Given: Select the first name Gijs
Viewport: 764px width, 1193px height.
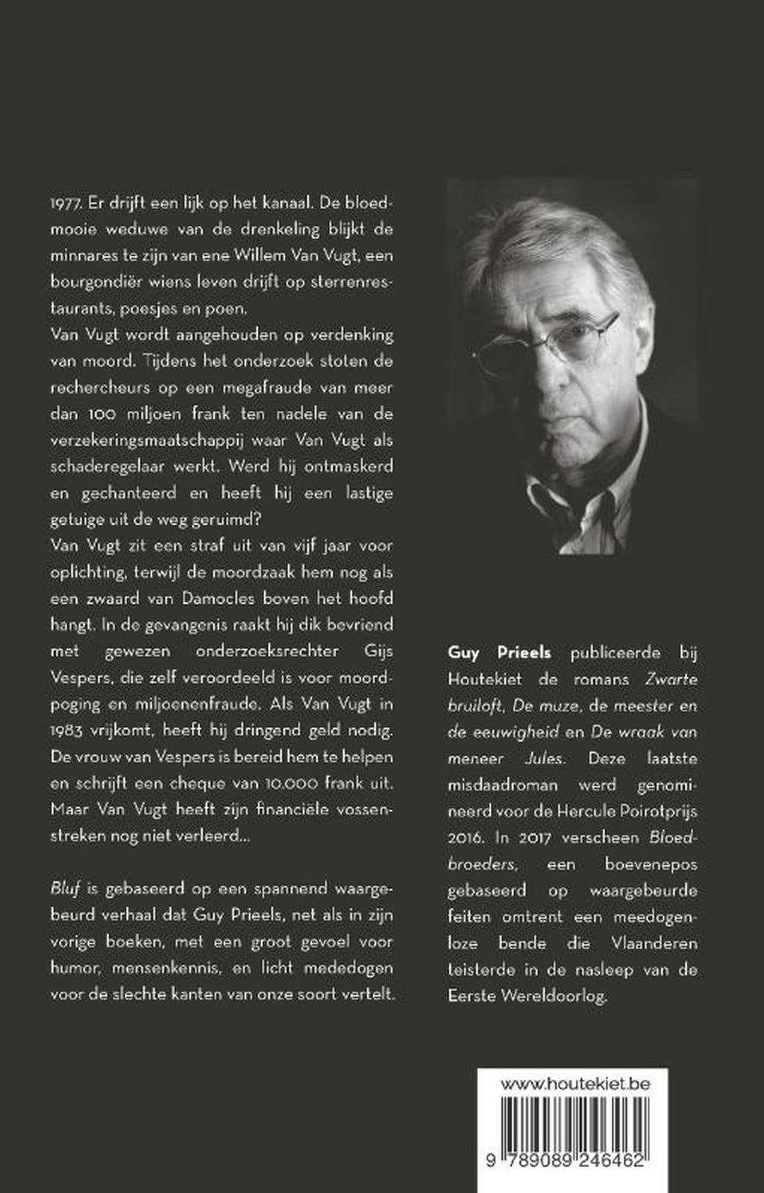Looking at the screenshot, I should click(371, 650).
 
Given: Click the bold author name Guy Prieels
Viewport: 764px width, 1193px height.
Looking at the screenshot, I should click(499, 652).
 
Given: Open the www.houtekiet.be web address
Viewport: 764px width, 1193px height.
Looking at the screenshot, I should click(574, 1083).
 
